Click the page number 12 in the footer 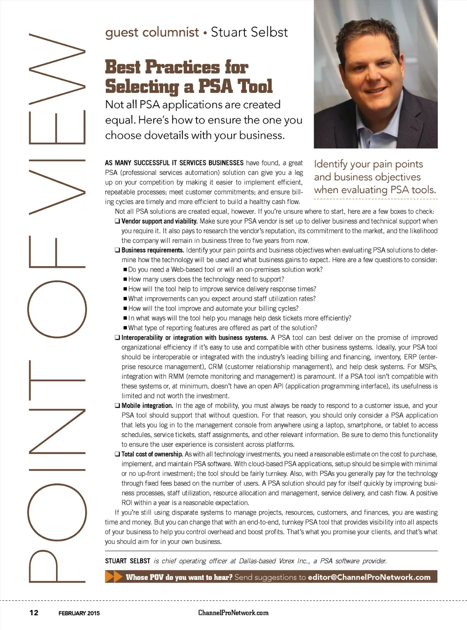pyautogui.click(x=34, y=612)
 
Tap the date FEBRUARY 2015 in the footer pyautogui.click(x=79, y=613)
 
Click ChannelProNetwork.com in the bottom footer pyautogui.click(x=233, y=612)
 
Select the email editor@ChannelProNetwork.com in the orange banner pyautogui.click(x=369, y=577)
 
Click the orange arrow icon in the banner pyautogui.click(x=114, y=577)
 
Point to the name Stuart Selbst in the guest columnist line pyautogui.click(x=249, y=32)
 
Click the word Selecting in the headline pyautogui.click(x=142, y=87)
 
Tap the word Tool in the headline pyautogui.click(x=254, y=87)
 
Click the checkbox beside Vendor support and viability pyautogui.click(x=117, y=221)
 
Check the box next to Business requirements pyautogui.click(x=117, y=250)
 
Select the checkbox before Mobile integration pyautogui.click(x=117, y=405)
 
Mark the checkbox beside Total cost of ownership pyautogui.click(x=117, y=454)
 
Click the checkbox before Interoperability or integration pyautogui.click(x=117, y=338)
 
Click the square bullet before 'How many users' pyautogui.click(x=125, y=279)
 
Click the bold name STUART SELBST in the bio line pyautogui.click(x=127, y=561)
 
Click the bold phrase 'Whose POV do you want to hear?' pyautogui.click(x=179, y=577)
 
